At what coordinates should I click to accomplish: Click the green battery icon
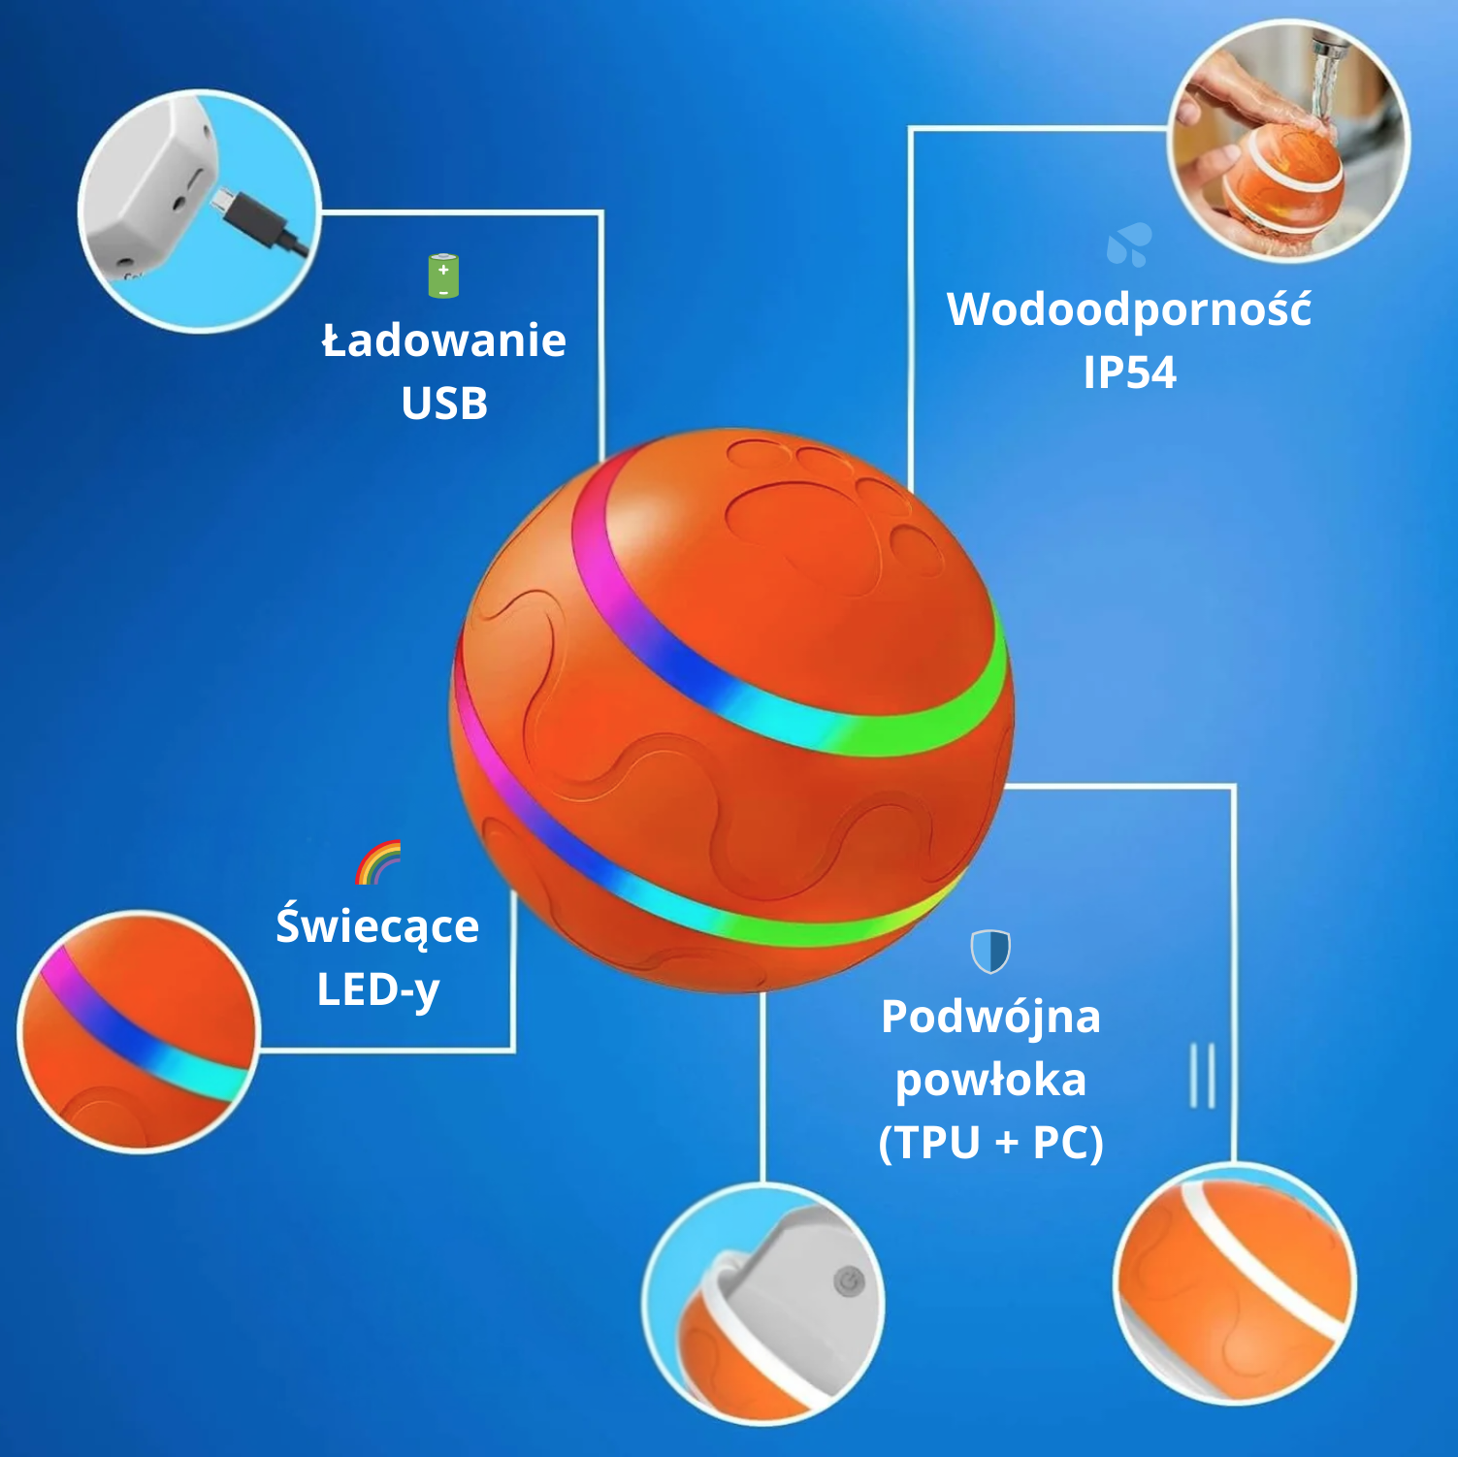point(443,276)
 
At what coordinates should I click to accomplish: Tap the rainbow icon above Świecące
point(378,862)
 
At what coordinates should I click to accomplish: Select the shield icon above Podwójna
point(990,951)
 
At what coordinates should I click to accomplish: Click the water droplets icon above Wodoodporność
point(1130,244)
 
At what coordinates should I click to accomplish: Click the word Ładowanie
point(444,341)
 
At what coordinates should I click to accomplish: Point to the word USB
point(444,404)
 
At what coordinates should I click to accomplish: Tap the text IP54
point(1129,372)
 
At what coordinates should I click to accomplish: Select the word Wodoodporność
point(1129,310)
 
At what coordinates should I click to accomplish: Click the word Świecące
point(377,926)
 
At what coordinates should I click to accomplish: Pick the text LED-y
point(378,990)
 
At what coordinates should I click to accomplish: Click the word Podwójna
point(990,1018)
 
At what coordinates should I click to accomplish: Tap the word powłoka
point(990,1081)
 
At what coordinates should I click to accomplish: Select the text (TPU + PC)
point(990,1143)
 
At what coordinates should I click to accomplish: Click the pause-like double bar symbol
point(1203,1076)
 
